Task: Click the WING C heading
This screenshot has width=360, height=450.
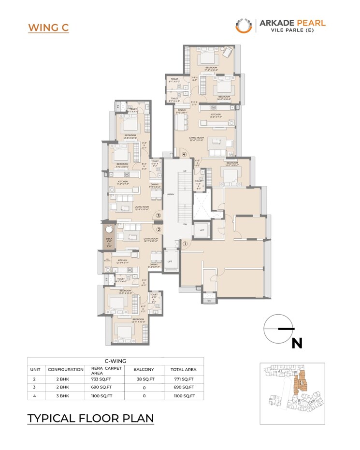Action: [48, 27]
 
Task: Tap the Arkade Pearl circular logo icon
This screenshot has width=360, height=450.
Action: [244, 26]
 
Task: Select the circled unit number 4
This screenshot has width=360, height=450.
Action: [184, 155]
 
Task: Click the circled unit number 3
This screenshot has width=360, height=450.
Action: [158, 216]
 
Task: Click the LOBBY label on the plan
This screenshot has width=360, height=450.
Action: [170, 194]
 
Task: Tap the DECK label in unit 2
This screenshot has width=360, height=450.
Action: [110, 238]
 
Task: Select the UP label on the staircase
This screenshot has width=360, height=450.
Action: [185, 171]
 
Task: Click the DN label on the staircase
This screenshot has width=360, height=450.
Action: [185, 224]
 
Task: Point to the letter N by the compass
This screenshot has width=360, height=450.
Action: [297, 343]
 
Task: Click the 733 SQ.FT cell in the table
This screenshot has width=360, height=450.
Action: [99, 379]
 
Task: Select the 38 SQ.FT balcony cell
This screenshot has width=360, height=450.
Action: [143, 379]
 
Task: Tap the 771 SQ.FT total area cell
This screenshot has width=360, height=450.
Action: [184, 379]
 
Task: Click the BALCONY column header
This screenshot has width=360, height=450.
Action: [143, 369]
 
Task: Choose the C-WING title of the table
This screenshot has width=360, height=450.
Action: [115, 361]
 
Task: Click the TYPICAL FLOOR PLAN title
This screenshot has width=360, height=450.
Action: [90, 418]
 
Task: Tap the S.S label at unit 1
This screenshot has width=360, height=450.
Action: [209, 301]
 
